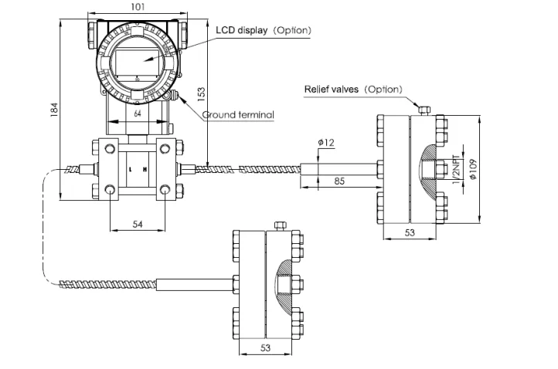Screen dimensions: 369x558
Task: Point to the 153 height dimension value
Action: click(201, 93)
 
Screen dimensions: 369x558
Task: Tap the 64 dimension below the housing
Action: click(138, 113)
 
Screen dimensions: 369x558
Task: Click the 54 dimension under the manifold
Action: click(138, 223)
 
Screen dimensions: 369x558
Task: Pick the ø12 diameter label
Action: click(325, 142)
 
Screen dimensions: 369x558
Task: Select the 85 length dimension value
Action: click(339, 181)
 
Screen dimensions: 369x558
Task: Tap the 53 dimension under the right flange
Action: click(410, 232)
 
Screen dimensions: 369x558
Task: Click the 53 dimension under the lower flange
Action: click(266, 349)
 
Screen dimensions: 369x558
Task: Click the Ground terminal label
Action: click(238, 115)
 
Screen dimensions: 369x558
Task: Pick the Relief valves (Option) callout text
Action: click(354, 89)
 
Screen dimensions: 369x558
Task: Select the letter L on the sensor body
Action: click(131, 169)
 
